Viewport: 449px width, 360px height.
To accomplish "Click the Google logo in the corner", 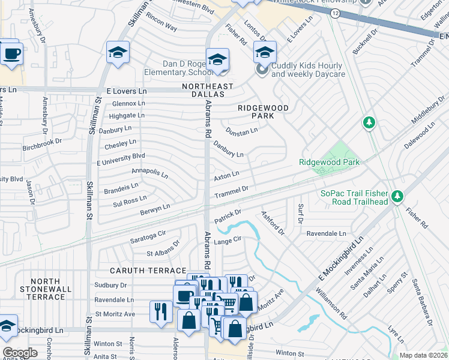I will click(x=20, y=353).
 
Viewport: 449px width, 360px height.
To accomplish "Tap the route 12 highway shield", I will click(x=334, y=13).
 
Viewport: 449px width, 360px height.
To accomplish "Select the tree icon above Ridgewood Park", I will click(x=369, y=123).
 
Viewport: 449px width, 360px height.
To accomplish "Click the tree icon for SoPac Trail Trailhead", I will click(x=396, y=196).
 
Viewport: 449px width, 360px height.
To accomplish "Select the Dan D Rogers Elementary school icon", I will click(x=217, y=59).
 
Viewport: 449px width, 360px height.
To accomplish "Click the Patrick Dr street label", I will click(x=228, y=217).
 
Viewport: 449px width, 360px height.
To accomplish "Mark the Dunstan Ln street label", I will click(x=241, y=130).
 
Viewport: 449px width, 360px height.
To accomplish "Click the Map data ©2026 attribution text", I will click(x=423, y=355).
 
